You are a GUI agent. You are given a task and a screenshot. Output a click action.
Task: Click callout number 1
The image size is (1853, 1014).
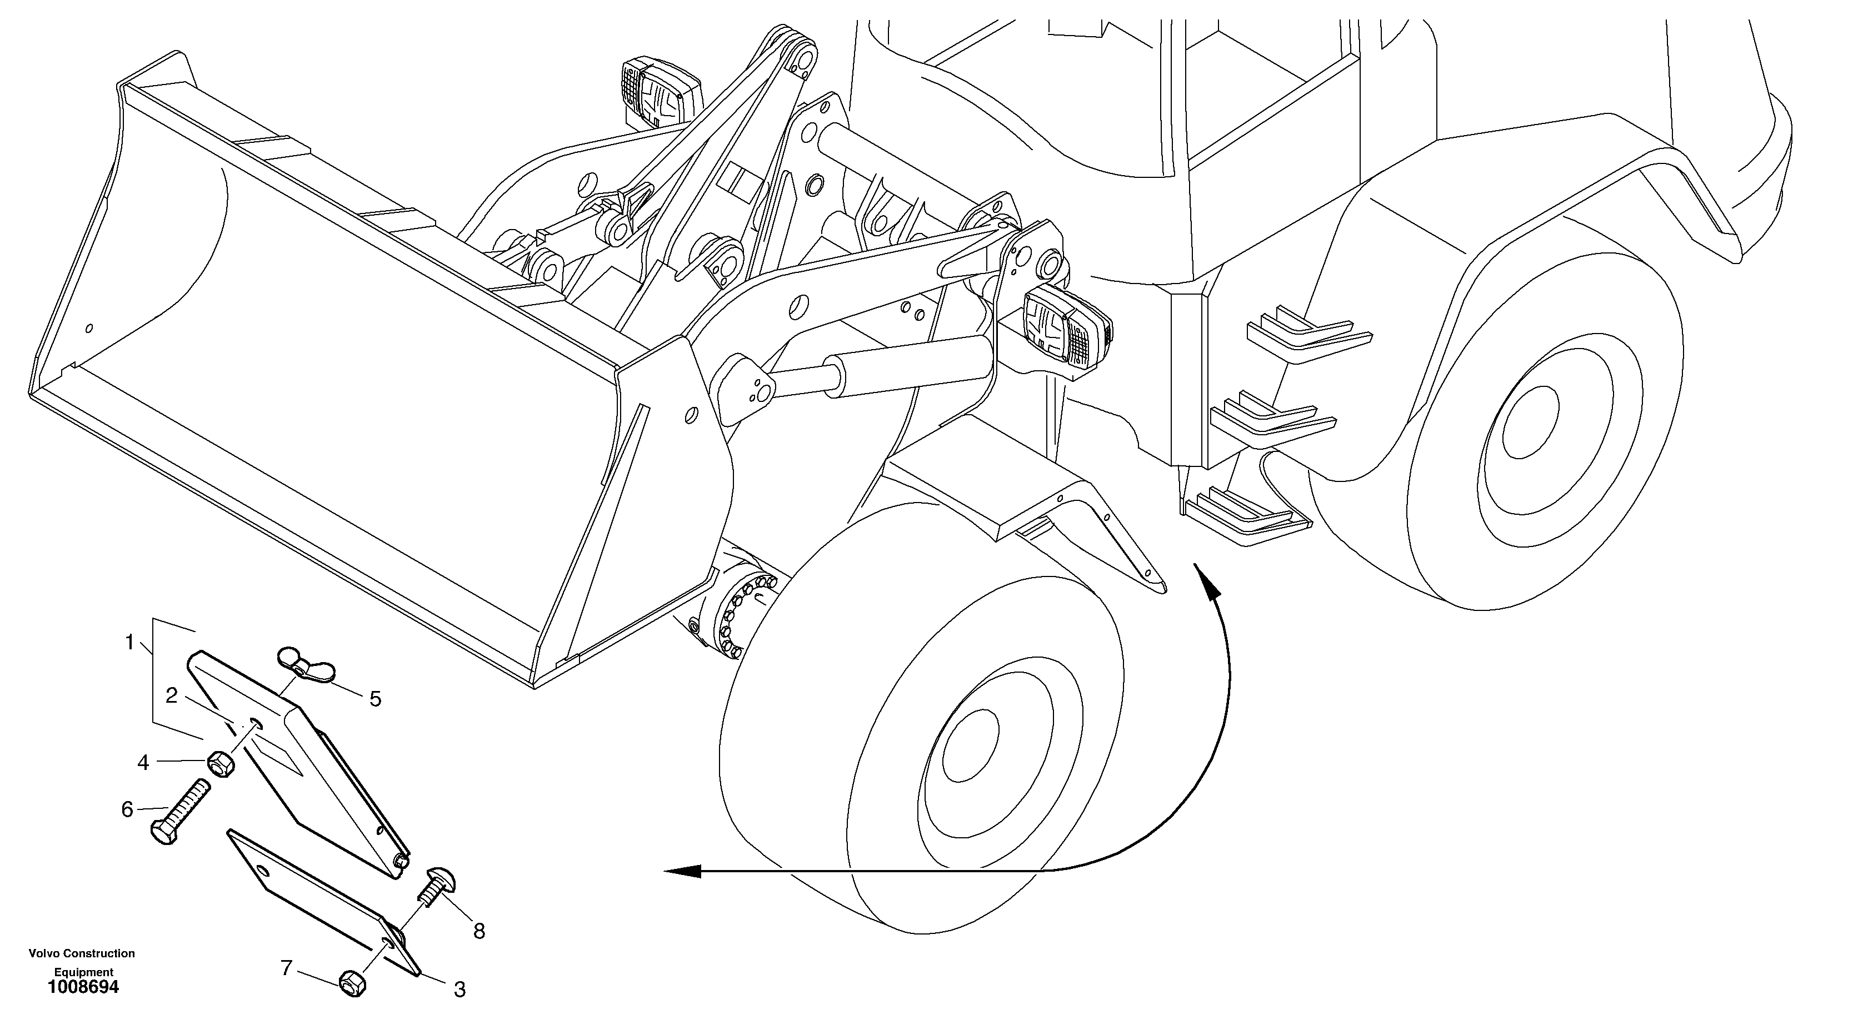tap(129, 642)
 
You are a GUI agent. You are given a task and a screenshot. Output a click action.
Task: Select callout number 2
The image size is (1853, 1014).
tap(171, 696)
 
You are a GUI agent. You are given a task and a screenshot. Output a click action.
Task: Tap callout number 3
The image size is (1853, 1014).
tap(459, 990)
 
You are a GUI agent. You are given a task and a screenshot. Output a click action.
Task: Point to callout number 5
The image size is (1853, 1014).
tap(375, 699)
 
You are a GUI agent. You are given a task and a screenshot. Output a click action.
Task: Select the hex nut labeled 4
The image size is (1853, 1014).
tap(222, 764)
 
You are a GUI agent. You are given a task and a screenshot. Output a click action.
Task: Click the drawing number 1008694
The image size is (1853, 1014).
tap(83, 987)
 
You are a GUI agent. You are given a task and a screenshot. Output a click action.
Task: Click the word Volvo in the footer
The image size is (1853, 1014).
tap(46, 953)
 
